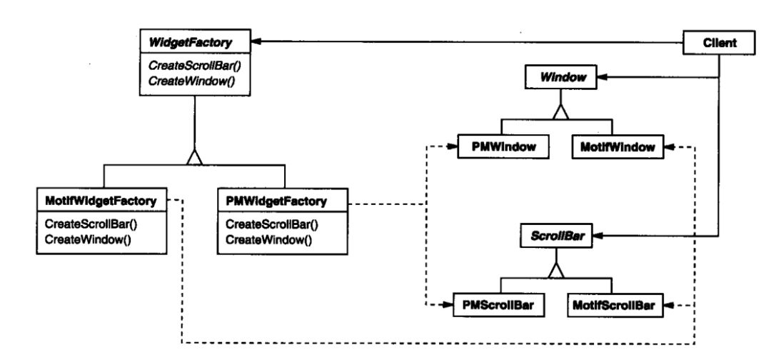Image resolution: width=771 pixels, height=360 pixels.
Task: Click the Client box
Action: coord(719,43)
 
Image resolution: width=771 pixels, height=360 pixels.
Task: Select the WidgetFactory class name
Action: coord(190,43)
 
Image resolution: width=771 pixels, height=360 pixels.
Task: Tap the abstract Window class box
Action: coord(561,77)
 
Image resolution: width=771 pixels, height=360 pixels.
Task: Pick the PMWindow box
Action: coord(503,146)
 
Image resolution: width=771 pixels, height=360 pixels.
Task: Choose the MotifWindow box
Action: coord(617,146)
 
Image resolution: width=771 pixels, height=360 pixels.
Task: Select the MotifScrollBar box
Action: coord(613,306)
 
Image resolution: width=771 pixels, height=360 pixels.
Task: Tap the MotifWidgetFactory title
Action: coord(101,201)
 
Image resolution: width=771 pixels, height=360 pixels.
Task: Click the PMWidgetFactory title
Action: coord(276,201)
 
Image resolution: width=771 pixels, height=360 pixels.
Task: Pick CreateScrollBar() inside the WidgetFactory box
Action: coord(191,65)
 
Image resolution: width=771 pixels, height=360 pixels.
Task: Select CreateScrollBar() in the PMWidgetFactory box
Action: coord(272,225)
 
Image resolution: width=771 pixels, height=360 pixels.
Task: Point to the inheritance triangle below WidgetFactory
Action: coord(195,157)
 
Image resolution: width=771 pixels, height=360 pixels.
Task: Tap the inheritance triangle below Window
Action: coord(560,111)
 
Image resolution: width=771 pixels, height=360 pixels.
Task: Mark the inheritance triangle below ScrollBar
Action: coord(556,270)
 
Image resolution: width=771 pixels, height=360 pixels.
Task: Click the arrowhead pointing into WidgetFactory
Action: coord(256,42)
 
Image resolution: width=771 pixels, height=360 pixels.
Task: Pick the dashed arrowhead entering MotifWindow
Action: coord(670,146)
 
